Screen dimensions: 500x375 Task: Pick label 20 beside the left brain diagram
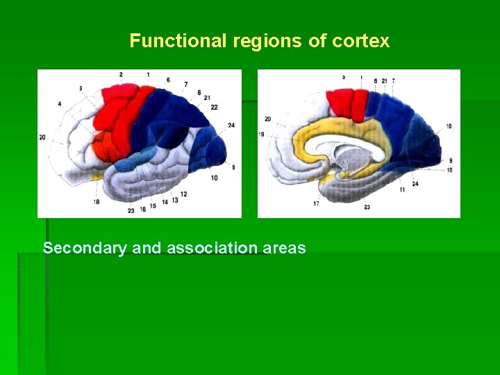[42, 137]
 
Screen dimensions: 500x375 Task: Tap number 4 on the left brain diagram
[60, 104]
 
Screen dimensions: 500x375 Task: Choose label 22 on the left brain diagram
[214, 107]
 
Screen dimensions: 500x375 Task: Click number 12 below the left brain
[183, 194]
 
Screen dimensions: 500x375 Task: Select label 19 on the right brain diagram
[261, 134]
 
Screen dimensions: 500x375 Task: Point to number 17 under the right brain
[316, 203]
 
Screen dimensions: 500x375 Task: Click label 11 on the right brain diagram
[402, 189]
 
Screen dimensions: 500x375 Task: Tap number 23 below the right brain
[367, 207]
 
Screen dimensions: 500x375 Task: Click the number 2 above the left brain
[121, 74]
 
